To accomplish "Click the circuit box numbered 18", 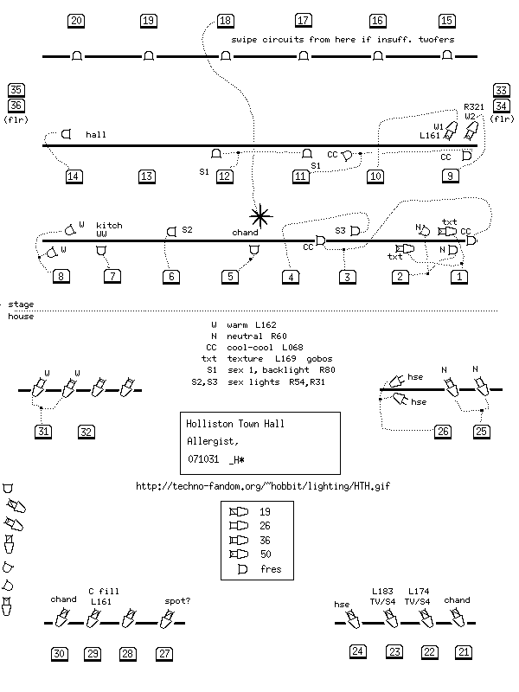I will click(226, 21).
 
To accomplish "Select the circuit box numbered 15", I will click(447, 21).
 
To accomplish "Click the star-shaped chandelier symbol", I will click(259, 215).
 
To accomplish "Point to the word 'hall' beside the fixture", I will click(96, 136).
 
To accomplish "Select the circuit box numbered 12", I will click(226, 176).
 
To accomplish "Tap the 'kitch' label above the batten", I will click(110, 225).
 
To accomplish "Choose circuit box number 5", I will click(230, 277).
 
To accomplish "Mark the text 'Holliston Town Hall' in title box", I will click(235, 424).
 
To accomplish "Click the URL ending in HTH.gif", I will click(264, 486).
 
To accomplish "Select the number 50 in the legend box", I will click(265, 554).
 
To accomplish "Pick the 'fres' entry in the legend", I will click(271, 569).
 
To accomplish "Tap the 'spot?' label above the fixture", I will click(178, 599).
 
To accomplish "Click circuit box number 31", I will click(45, 432).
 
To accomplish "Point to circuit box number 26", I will click(444, 432).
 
